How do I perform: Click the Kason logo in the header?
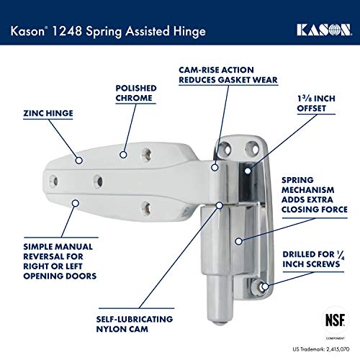coord(324,30)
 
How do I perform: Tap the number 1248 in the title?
coord(67,31)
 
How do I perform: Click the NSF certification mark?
coord(336,320)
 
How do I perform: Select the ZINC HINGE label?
coord(48,113)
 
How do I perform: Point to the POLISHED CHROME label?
coord(136,93)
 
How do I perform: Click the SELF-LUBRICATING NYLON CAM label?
coord(135,324)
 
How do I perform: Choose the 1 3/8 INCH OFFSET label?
coord(316,103)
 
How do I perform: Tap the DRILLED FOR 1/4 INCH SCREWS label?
coord(313,259)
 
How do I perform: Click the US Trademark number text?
coord(321,349)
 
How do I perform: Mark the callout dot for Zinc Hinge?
coord(79,161)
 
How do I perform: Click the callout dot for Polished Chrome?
coord(123,155)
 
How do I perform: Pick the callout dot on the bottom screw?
coord(265,287)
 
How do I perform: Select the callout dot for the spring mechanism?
coord(238,241)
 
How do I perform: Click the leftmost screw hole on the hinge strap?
coord(53,181)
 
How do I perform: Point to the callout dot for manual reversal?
coord(76,203)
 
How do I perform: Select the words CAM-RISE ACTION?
coord(216,70)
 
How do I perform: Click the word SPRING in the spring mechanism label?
coord(297,180)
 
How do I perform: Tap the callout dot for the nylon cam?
coord(219,205)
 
